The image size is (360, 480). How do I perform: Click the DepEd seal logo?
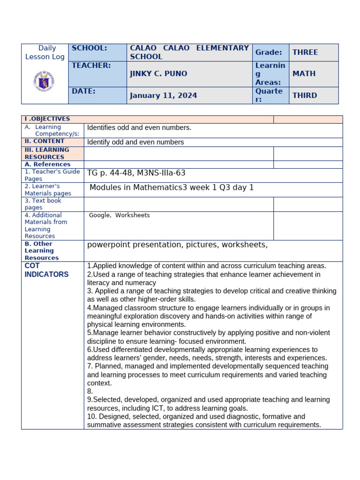pyautogui.click(x=44, y=82)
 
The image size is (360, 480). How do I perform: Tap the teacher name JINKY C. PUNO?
pyautogui.click(x=158, y=74)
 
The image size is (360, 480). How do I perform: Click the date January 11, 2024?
pyautogui.click(x=163, y=96)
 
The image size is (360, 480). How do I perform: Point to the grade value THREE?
pyautogui.click(x=305, y=52)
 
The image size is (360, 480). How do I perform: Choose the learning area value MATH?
pyautogui.click(x=304, y=74)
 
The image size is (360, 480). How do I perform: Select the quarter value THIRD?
pyautogui.click(x=305, y=96)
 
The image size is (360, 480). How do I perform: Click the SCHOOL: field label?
pyautogui.click(x=90, y=48)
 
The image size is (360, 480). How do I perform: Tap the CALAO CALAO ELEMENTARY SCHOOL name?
pyautogui.click(x=189, y=52)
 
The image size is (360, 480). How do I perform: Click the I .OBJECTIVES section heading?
pyautogui.click(x=47, y=119)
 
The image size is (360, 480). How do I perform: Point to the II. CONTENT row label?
pyautogui.click(x=45, y=141)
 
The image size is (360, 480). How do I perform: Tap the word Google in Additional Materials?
pyautogui.click(x=99, y=215)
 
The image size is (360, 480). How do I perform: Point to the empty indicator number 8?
pyautogui.click(x=90, y=391)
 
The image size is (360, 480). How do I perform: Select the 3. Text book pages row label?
pyautogui.click(x=43, y=204)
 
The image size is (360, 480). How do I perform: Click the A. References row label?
pyautogui.click(x=47, y=165)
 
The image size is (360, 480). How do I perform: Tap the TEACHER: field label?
pyautogui.click(x=91, y=66)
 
